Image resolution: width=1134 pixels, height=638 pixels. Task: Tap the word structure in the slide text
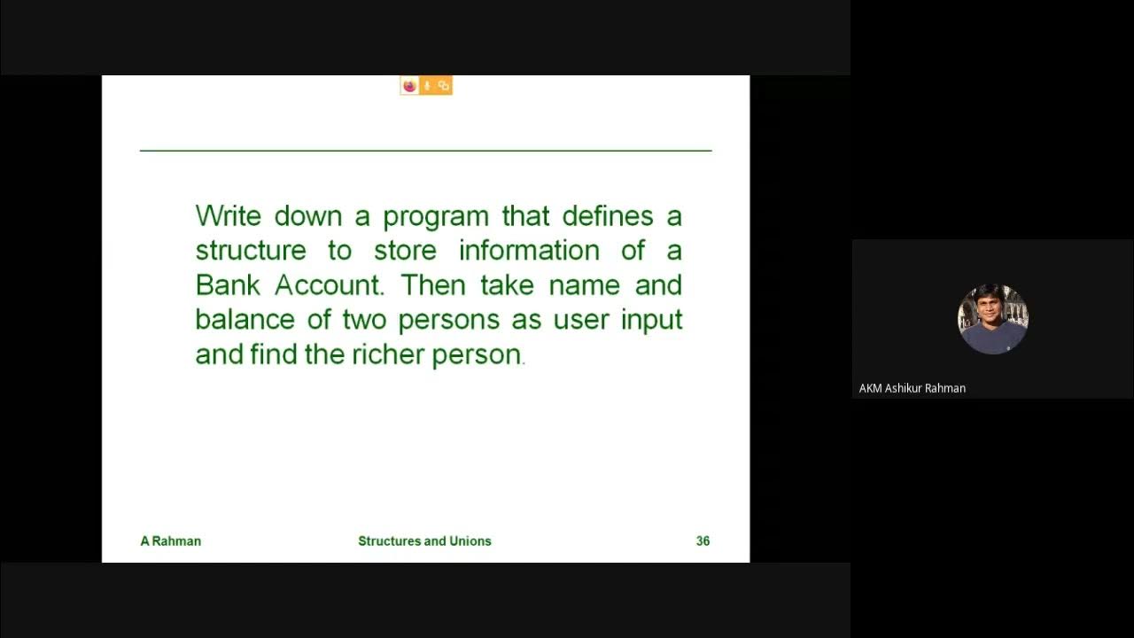[251, 251]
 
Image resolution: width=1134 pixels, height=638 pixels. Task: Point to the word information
[529, 251]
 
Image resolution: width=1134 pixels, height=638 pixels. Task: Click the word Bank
[228, 285]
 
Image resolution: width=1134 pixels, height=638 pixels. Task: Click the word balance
[245, 319]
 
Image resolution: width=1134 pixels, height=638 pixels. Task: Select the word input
[651, 320]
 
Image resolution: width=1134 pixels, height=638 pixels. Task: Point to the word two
[365, 319]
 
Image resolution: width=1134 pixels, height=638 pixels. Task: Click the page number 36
[703, 541]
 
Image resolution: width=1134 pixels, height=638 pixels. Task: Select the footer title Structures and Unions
[424, 541]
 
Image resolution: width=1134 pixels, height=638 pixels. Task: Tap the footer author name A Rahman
[171, 541]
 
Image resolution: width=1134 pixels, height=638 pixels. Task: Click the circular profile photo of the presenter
[992, 319]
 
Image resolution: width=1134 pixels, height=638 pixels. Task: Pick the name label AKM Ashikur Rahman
[912, 388]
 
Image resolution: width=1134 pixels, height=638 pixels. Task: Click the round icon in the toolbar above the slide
[409, 86]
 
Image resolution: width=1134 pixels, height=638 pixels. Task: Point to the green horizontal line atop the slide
[425, 151]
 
